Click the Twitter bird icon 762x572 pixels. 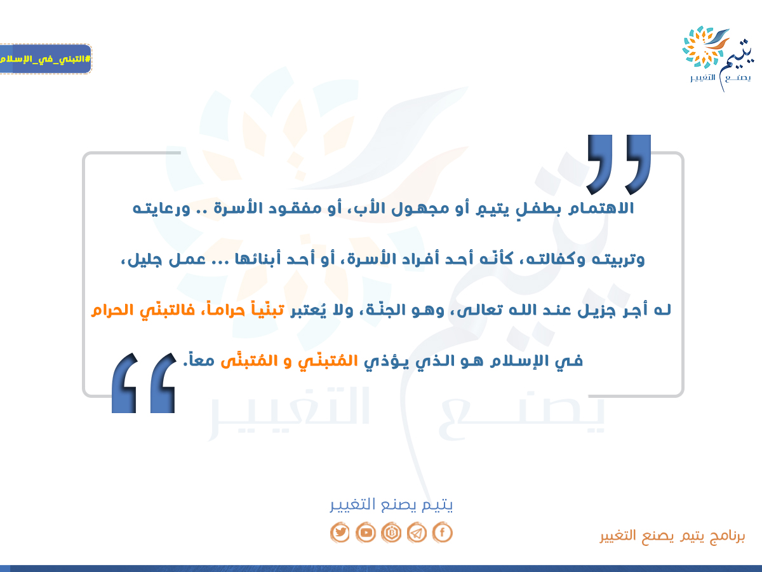pyautogui.click(x=340, y=532)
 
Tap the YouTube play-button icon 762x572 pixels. pyautogui.click(x=366, y=532)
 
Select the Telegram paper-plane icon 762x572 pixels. pyautogui.click(x=417, y=532)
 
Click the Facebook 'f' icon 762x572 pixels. pyautogui.click(x=442, y=532)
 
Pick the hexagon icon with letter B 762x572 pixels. pyautogui.click(x=391, y=532)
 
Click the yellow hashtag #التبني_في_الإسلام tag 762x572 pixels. pyautogui.click(x=45, y=58)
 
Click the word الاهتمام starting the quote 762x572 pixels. pyautogui.click(x=601, y=208)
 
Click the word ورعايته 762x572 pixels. pyautogui.click(x=161, y=208)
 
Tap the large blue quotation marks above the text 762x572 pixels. pyautogui.click(x=618, y=165)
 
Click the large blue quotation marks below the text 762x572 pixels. pyautogui.click(x=144, y=383)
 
